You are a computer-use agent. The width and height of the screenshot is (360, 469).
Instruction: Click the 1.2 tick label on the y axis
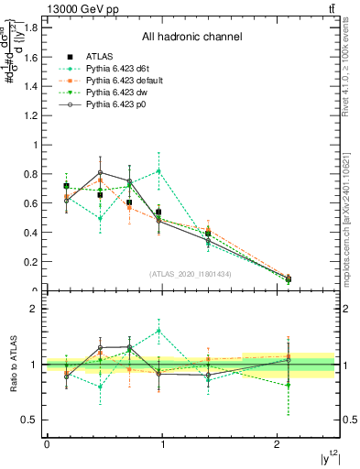(30, 115)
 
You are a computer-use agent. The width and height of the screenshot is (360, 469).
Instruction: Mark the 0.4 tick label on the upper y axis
(30, 233)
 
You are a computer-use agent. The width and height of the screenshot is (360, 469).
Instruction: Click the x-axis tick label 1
(162, 444)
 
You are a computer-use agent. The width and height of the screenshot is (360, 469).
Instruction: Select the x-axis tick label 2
(278, 444)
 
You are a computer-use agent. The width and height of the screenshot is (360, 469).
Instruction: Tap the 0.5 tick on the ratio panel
(30, 420)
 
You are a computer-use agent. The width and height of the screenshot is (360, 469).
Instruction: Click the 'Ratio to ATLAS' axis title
(13, 365)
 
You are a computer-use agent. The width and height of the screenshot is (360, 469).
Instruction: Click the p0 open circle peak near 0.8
(101, 172)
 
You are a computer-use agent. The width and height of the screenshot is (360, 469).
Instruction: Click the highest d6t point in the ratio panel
(159, 331)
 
